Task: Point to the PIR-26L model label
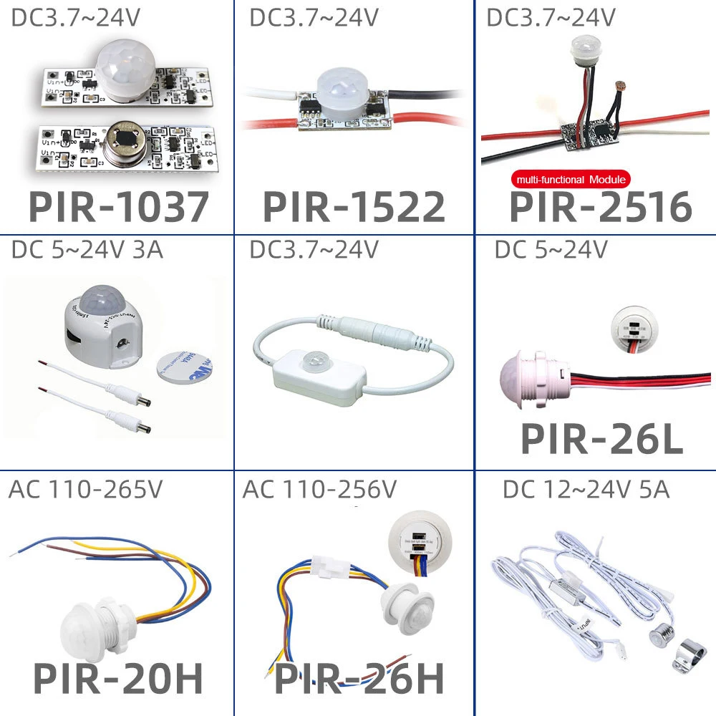pyautogui.click(x=601, y=438)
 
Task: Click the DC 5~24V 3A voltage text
pyautogui.click(x=87, y=251)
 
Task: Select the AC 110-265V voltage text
pyautogui.click(x=85, y=490)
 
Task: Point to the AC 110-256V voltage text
pyautogui.click(x=319, y=490)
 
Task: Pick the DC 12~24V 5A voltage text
pyautogui.click(x=586, y=490)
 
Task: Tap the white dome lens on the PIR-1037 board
pyautogui.click(x=125, y=69)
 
